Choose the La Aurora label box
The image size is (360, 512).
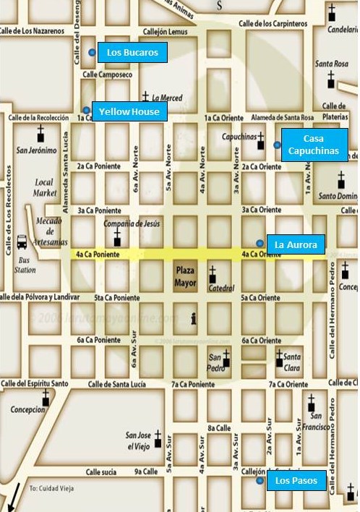point(295,244)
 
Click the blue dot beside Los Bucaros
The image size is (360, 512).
point(92,52)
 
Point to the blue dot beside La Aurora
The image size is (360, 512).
point(260,243)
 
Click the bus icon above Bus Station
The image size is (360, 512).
point(22,241)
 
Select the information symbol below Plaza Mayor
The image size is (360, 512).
point(193,318)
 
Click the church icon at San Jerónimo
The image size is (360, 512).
point(41,134)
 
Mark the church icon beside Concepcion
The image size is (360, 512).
point(46,399)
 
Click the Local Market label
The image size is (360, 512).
point(45,188)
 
